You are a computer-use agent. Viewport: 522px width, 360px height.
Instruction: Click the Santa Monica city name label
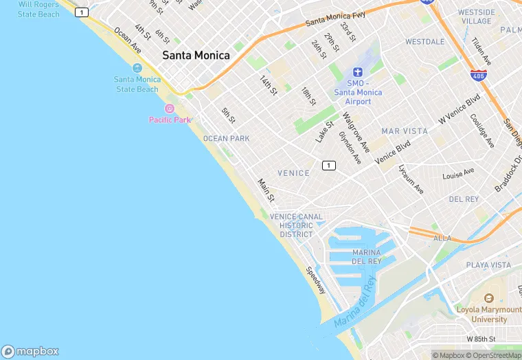tap(196, 56)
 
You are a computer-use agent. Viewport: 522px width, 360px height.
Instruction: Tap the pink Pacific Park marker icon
tap(170, 109)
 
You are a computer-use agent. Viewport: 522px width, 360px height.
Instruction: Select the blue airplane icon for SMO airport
tap(357, 72)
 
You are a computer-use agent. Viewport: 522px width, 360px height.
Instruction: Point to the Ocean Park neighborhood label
tap(226, 139)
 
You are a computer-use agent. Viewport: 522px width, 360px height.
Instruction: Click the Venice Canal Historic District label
tap(296, 225)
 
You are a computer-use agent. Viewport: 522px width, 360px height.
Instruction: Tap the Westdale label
tap(424, 42)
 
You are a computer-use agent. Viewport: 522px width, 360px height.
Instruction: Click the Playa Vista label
tap(488, 265)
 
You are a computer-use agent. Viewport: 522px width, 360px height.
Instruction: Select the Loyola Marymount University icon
tap(488, 299)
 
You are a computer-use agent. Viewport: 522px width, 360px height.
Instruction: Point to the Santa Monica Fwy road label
tap(336, 21)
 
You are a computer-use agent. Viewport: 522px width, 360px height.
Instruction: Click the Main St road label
tap(266, 190)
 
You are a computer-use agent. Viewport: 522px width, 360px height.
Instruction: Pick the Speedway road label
tap(317, 281)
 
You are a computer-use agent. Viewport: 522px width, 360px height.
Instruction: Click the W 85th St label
tap(481, 339)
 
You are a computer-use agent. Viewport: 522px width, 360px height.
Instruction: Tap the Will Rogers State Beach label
tap(38, 9)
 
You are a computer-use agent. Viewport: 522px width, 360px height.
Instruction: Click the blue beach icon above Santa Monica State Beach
tap(137, 68)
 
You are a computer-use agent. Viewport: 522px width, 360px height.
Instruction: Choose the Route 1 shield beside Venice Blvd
tap(329, 166)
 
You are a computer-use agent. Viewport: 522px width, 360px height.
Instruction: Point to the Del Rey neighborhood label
tap(463, 199)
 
